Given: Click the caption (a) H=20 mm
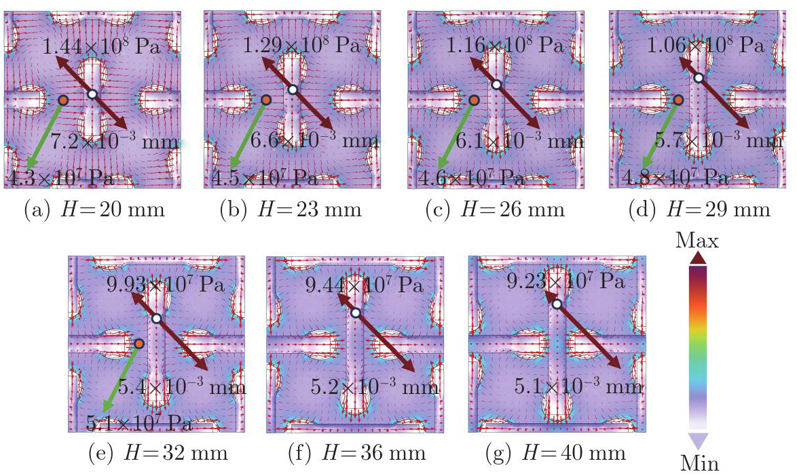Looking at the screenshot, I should pos(94,210).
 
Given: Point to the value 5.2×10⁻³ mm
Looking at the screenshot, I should pos(375,387).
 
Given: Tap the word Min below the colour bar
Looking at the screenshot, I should pos(699,464).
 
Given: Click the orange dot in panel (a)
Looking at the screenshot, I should pos(62,100).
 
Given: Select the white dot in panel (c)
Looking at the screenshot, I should pos(496,85).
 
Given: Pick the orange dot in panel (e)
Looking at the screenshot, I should pos(138,344).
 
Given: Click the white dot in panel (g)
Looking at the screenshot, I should pos(557,304).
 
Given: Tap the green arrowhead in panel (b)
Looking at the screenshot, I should pos(232,164).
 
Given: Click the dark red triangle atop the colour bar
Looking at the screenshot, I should pos(699,258).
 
